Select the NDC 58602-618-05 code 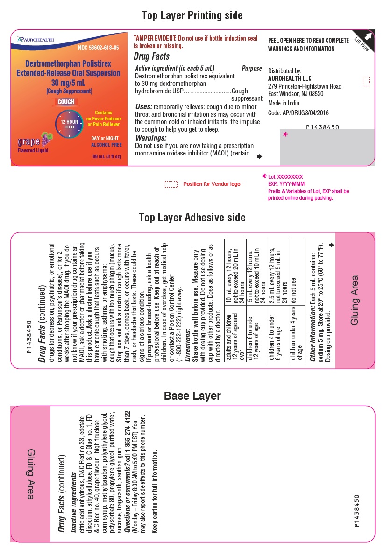[98, 48]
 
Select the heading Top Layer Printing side [192, 15]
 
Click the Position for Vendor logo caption [212, 184]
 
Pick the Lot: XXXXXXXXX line [285, 177]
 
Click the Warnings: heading [150, 138]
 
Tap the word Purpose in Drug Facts [251, 69]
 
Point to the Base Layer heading [192, 396]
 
